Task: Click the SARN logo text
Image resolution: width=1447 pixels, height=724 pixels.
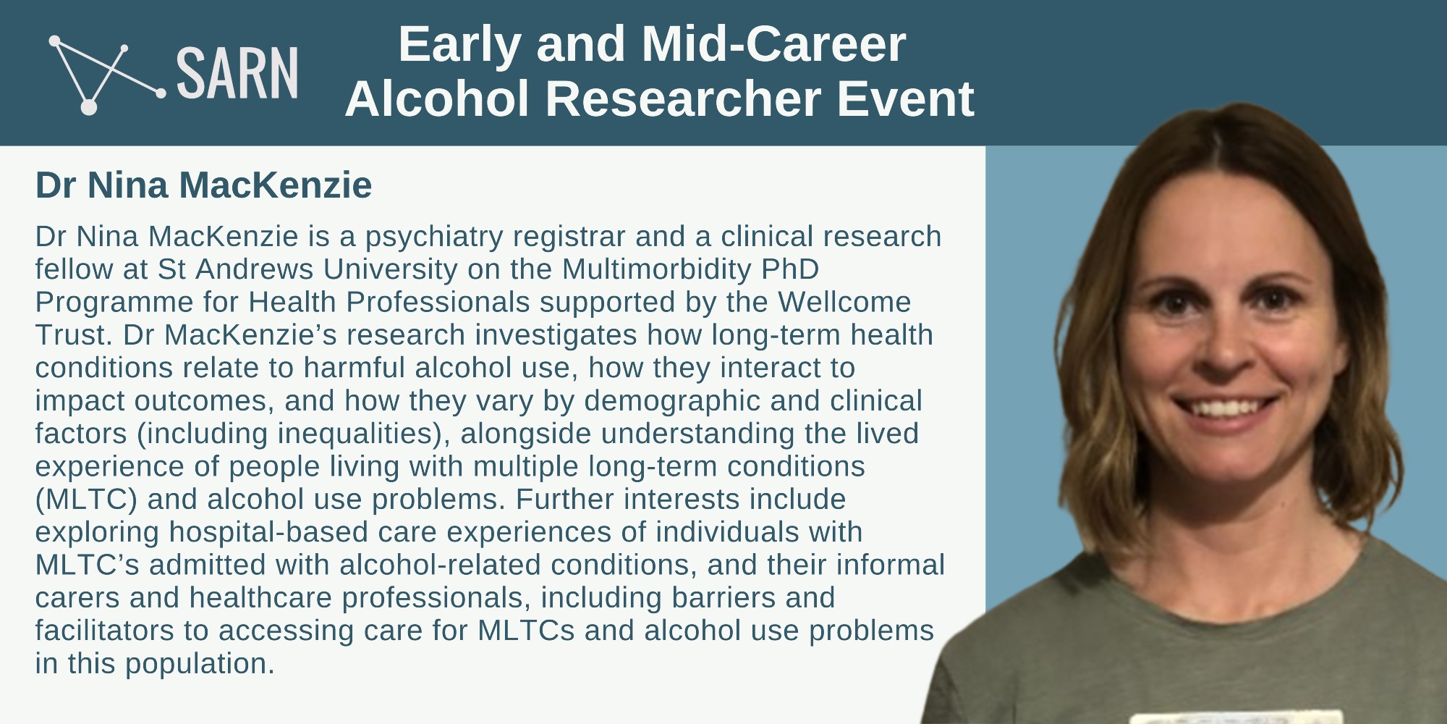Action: (237, 73)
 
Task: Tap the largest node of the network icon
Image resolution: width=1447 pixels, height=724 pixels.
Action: (88, 107)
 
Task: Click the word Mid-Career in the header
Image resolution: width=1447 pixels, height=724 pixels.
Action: (773, 44)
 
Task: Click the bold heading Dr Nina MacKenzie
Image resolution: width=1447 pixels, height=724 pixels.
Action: (203, 185)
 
